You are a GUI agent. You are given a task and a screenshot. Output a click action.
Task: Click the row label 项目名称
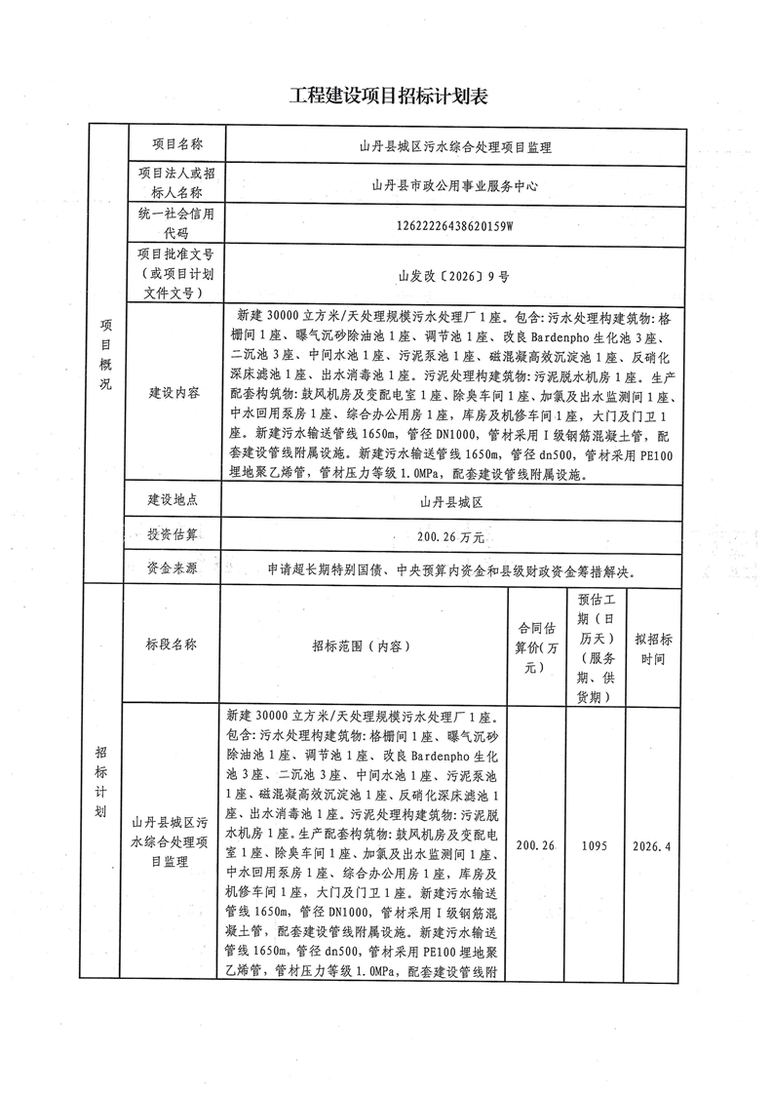tap(176, 143)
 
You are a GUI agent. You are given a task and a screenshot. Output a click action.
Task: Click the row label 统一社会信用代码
tap(176, 224)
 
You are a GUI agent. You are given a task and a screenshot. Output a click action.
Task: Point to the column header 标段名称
tap(172, 645)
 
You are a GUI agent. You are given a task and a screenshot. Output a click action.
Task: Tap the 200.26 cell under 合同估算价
tap(533, 845)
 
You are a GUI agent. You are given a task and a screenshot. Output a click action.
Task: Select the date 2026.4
tap(652, 845)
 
